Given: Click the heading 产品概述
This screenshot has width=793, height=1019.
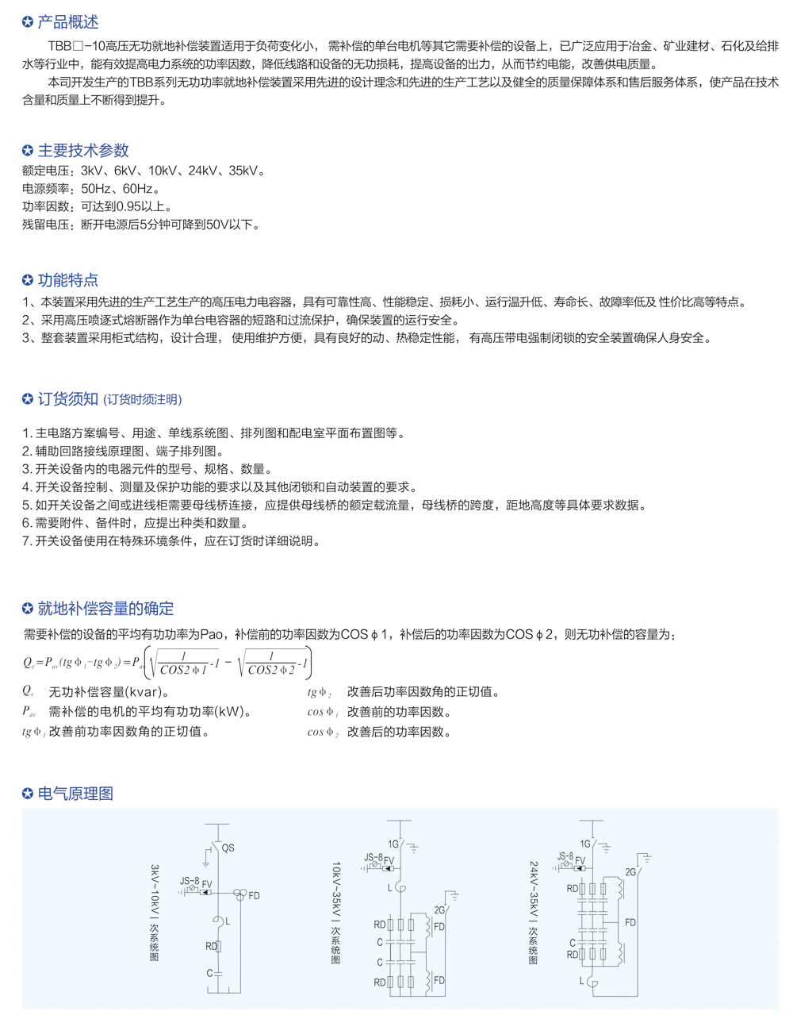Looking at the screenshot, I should [68, 22].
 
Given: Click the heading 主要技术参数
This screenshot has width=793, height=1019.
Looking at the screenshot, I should [83, 150].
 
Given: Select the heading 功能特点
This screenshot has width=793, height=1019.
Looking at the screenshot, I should [68, 279].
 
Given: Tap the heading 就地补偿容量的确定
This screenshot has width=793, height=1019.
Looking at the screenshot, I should [106, 608].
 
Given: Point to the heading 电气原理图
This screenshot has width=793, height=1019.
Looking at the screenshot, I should [76, 794].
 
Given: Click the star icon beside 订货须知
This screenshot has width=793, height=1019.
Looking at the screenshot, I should [28, 399].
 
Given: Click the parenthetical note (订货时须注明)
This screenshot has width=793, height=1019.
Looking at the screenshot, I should [143, 400].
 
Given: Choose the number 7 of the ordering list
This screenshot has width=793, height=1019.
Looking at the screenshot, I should [26, 541].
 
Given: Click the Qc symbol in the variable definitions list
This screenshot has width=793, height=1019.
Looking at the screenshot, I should [28, 692].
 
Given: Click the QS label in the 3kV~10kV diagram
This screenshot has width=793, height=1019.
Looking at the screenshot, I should [228, 848].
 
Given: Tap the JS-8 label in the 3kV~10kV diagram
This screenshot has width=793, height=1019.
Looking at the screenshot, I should [190, 881].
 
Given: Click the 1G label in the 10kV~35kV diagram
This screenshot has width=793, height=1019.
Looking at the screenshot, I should [393, 844].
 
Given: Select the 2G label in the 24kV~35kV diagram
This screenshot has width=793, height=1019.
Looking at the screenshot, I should [630, 872].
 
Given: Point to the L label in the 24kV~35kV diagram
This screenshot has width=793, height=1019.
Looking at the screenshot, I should [581, 981].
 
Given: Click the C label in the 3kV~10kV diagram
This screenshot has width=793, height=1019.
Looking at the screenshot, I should [210, 973].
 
